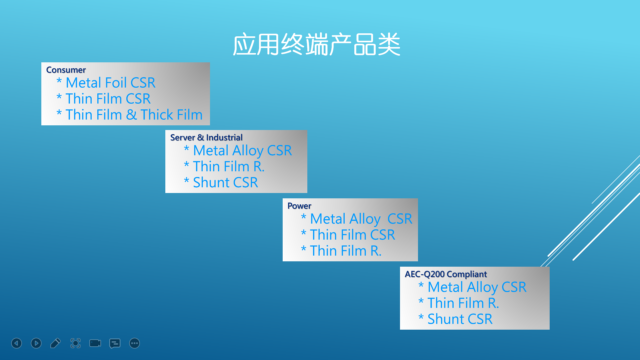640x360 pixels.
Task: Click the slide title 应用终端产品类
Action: point(316,44)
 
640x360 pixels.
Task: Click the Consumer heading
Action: point(66,70)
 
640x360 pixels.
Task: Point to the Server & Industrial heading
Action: point(206,138)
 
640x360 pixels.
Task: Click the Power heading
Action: point(299,206)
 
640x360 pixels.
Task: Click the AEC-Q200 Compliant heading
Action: point(446,274)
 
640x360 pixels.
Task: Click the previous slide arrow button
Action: point(17,343)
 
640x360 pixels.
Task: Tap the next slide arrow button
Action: point(36,343)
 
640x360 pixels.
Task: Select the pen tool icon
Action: point(56,343)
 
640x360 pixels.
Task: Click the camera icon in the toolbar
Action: point(95,343)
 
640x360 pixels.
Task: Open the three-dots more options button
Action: point(135,343)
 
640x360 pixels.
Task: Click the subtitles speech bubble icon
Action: point(115,343)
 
